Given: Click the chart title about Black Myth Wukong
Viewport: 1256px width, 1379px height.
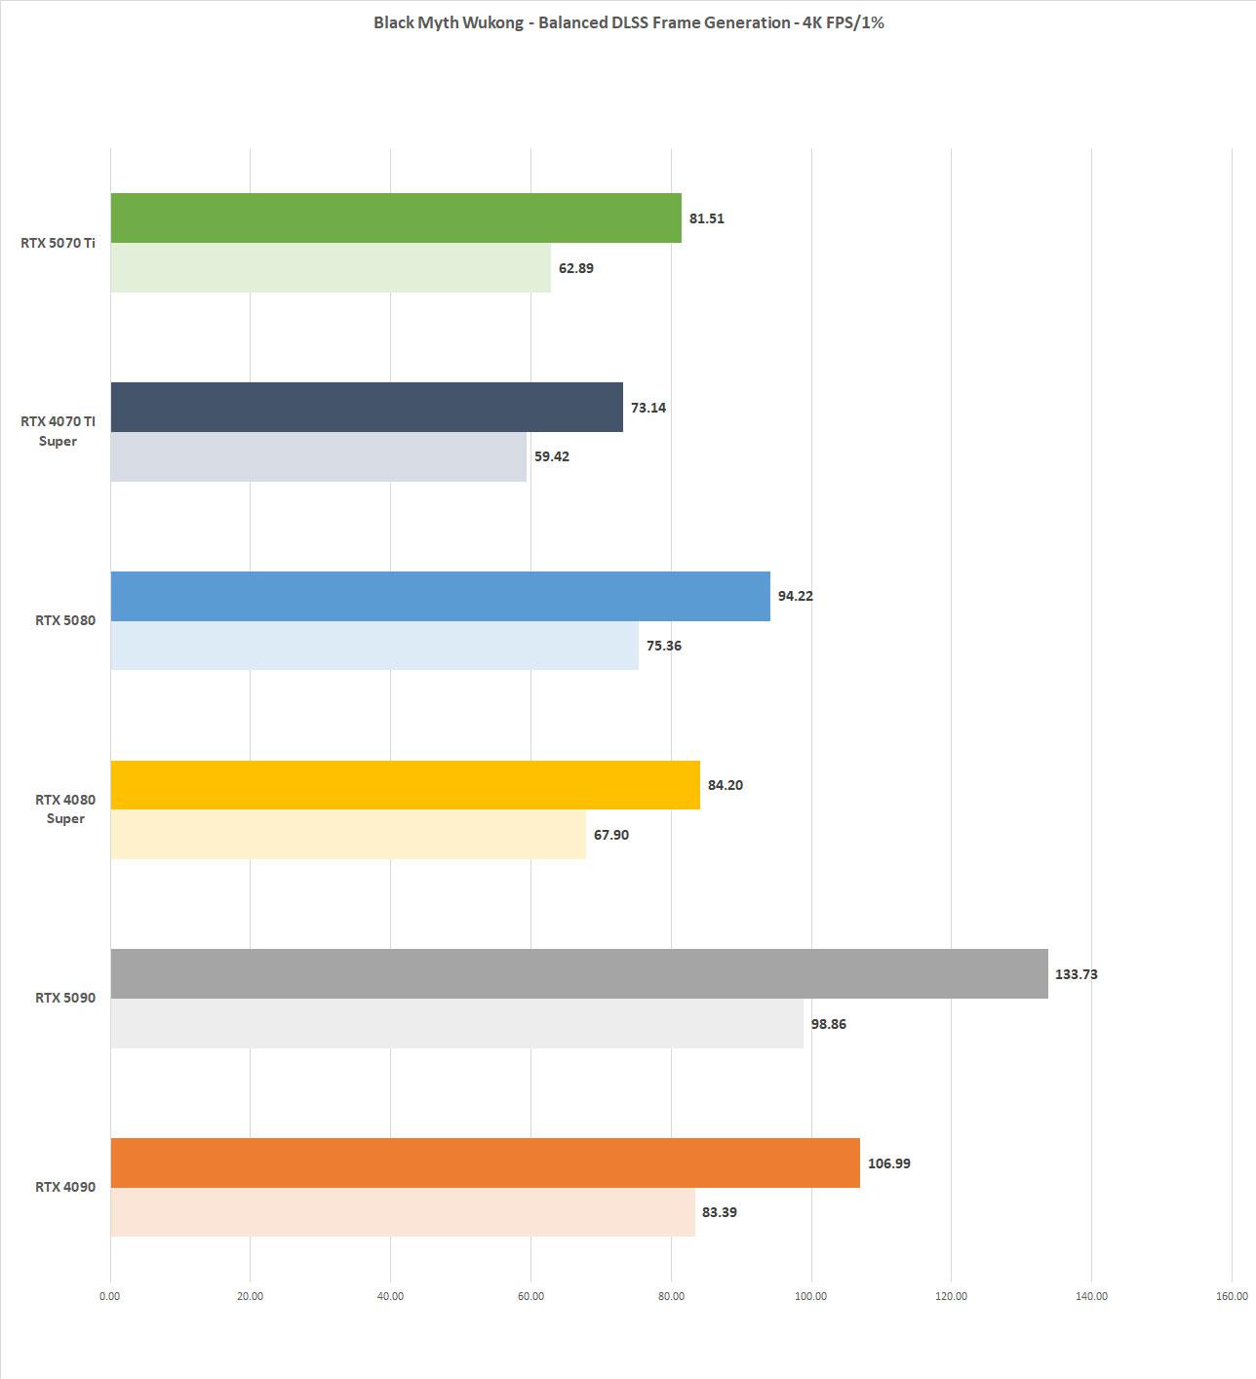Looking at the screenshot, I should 628,22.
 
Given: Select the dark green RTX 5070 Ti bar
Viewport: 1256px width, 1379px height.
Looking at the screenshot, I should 395,217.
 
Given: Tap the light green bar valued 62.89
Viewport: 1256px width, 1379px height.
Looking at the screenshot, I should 330,267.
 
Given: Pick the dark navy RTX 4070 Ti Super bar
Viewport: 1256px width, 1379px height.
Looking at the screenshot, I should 366,407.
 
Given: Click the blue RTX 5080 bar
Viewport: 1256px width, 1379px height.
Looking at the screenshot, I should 440,596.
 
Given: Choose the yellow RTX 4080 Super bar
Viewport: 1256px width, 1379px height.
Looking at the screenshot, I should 405,785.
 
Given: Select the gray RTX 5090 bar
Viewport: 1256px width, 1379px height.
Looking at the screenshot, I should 579,973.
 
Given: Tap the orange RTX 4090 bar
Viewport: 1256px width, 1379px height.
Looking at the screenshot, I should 485,1162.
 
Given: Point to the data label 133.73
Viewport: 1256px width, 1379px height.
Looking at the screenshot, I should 1076,974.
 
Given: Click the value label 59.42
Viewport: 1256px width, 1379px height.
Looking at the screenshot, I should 552,456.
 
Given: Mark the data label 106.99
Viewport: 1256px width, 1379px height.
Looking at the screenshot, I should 888,1163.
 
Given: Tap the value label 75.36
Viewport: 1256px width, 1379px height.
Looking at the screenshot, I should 663,646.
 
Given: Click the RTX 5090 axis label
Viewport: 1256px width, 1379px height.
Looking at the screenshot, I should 65,998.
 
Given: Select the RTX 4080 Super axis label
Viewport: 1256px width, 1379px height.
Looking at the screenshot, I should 65,809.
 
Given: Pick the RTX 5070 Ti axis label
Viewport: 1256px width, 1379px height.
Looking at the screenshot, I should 58,243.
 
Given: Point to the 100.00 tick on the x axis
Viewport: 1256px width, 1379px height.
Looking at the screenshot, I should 810,1296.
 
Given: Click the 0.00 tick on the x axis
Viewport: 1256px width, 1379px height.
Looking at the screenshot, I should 110,1296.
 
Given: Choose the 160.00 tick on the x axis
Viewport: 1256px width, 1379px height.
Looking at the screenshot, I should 1232,1296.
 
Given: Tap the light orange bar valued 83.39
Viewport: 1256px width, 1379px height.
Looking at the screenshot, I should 402,1212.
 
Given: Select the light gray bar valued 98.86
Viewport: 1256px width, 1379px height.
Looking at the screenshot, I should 456,1023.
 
